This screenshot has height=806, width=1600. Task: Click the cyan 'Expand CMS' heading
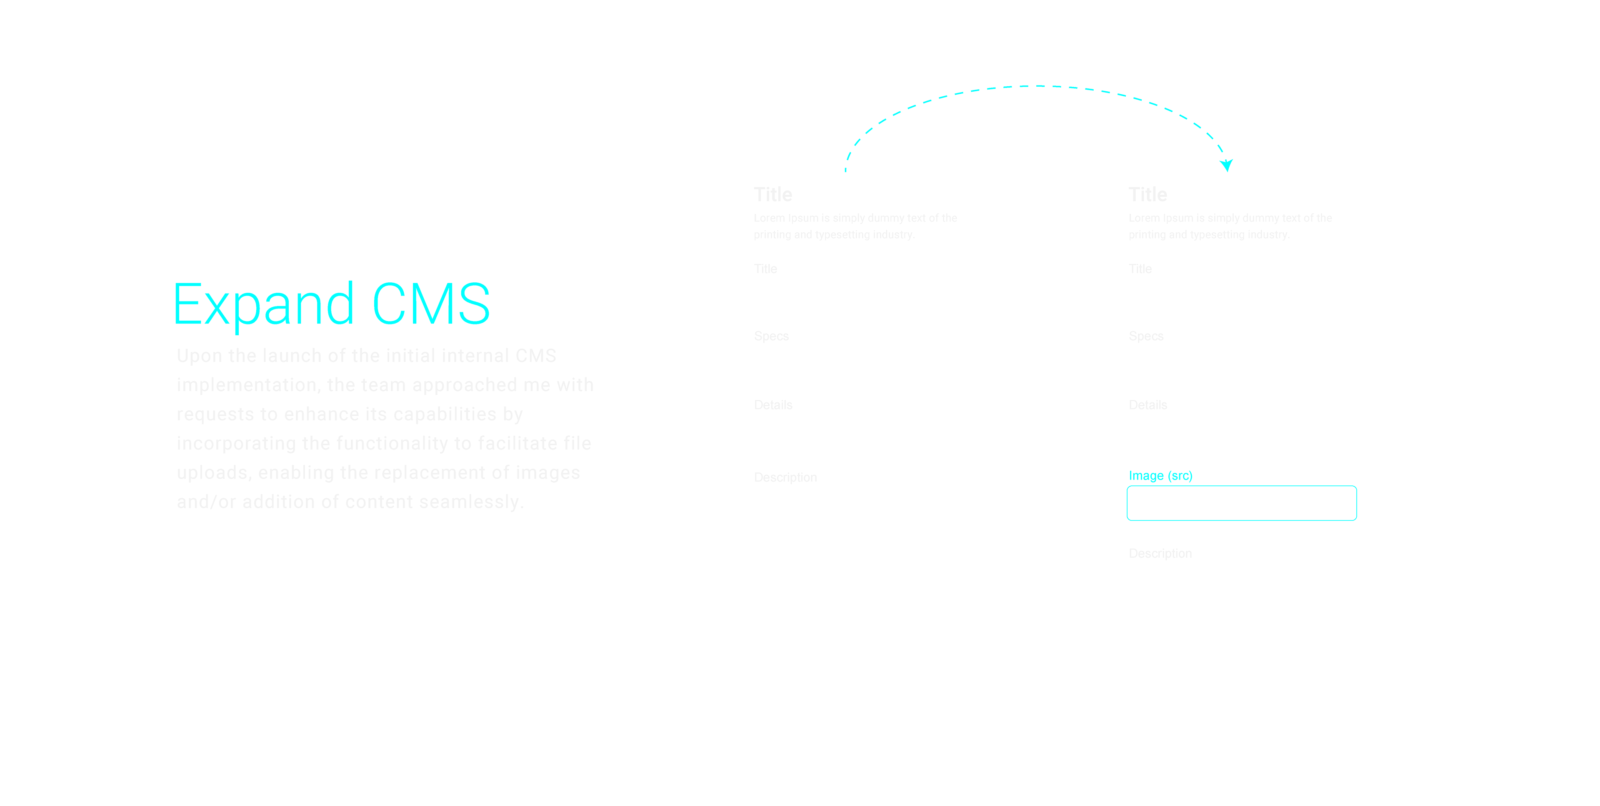tap(331, 304)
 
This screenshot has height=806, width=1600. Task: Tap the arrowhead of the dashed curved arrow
tap(1226, 165)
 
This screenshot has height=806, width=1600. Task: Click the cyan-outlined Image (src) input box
tap(1241, 503)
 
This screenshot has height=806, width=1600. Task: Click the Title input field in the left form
tap(867, 296)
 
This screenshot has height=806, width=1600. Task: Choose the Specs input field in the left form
tap(867, 365)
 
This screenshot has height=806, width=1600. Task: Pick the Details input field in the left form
tap(867, 432)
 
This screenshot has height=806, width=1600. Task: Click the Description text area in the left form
tap(867, 565)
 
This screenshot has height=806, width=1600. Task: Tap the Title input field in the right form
tap(1241, 296)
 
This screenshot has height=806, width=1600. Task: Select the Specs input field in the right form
tap(1241, 365)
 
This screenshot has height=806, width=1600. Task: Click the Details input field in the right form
tap(1241, 432)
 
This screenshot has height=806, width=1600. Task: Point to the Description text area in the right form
tap(1241, 641)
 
